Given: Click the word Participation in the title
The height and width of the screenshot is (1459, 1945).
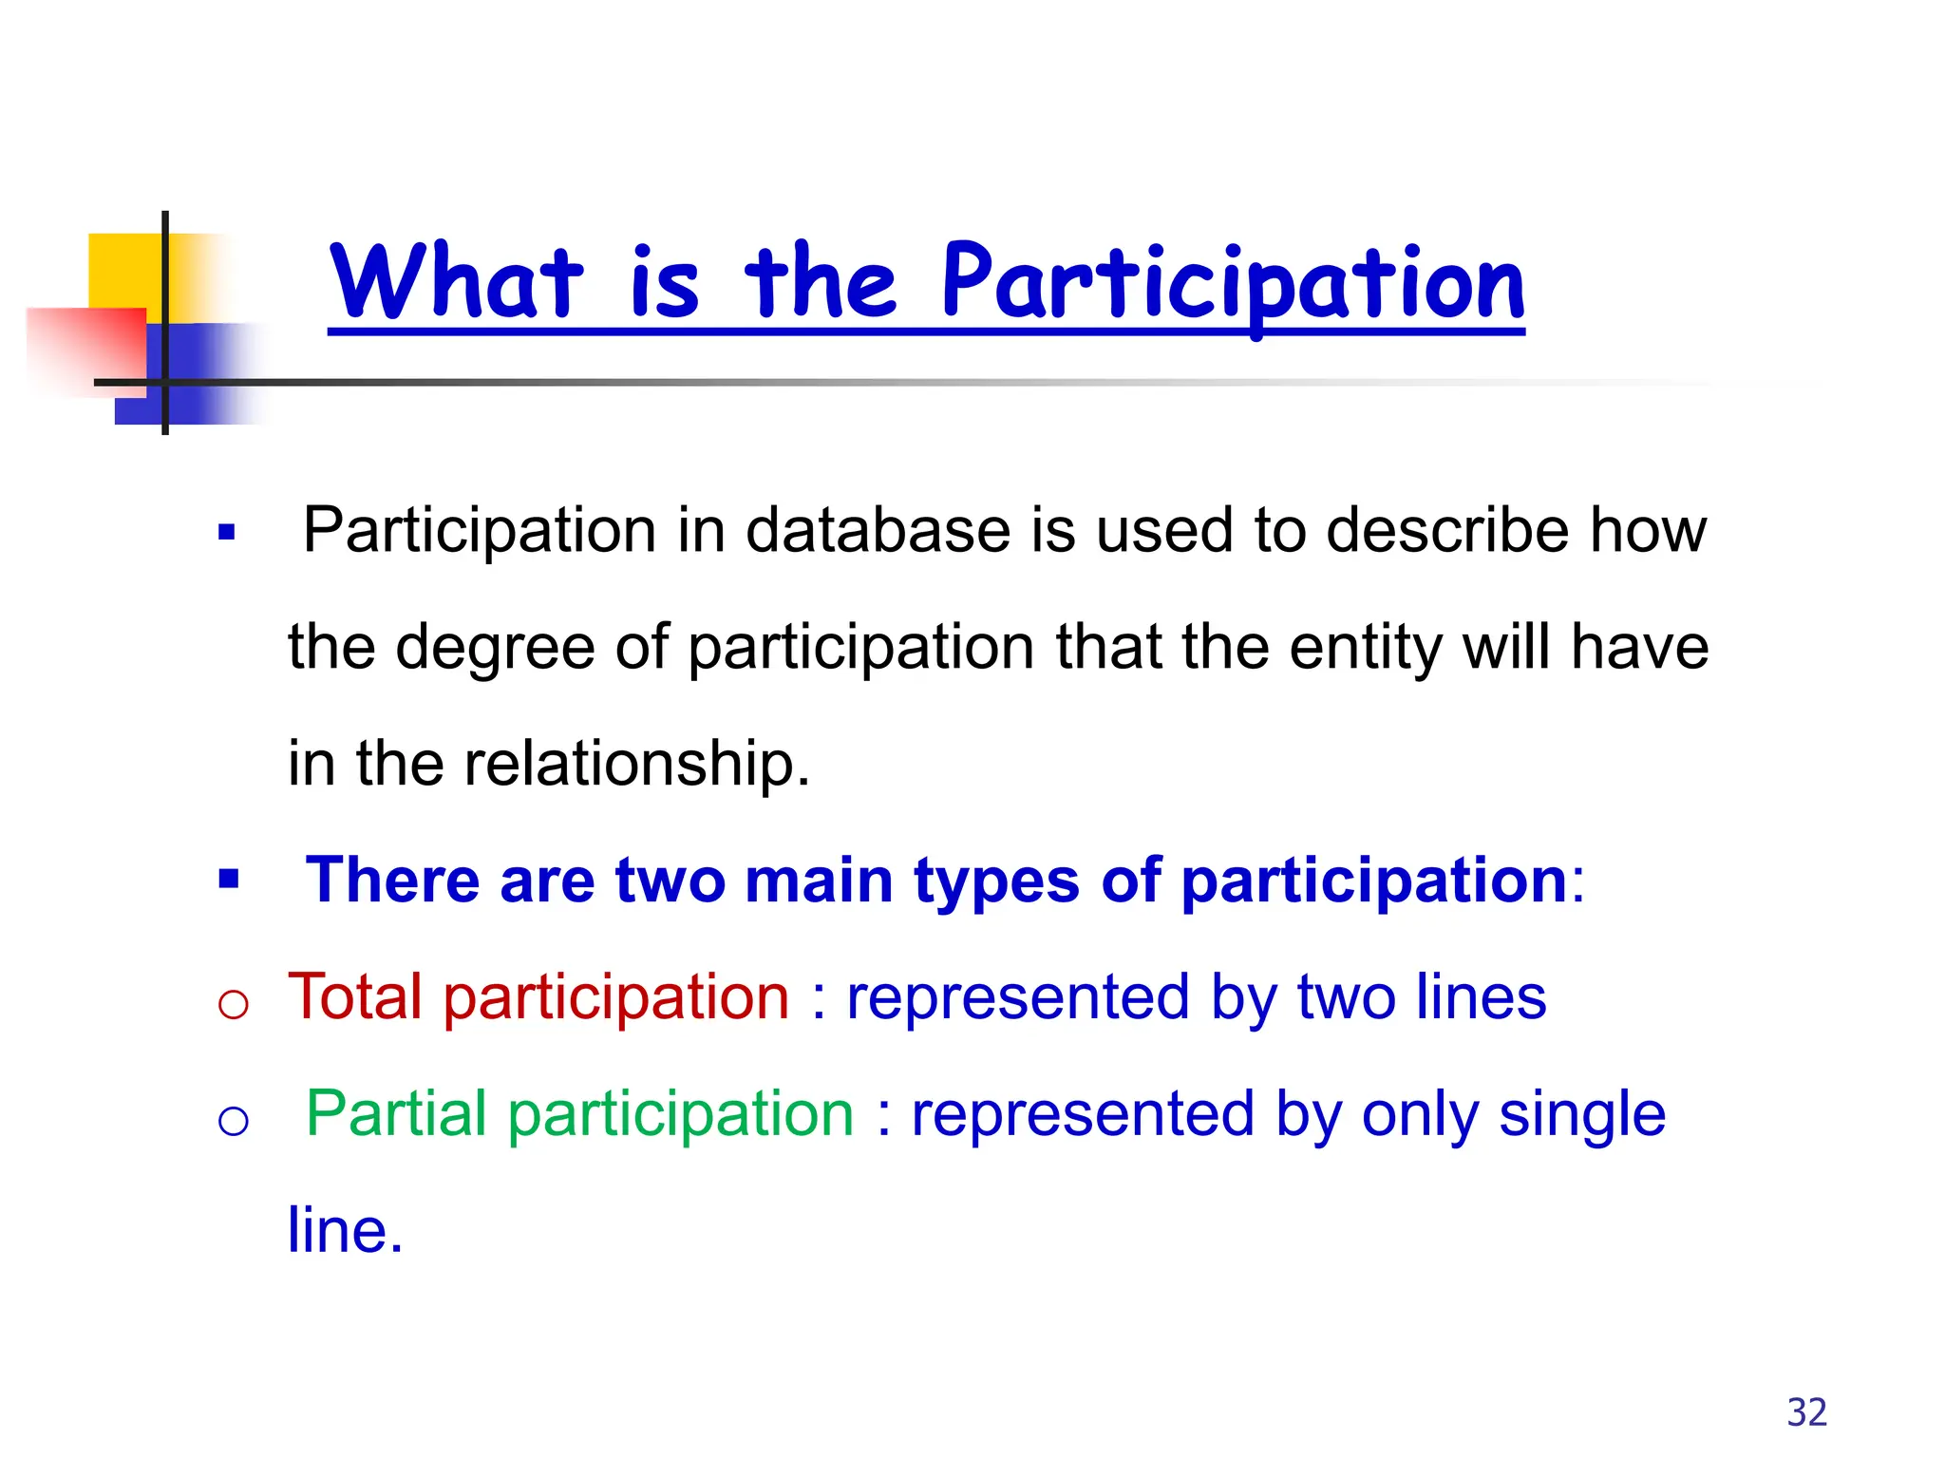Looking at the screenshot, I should point(1233,283).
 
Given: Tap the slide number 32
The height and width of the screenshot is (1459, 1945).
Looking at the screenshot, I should point(1806,1412).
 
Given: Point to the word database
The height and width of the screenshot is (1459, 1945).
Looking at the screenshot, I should point(878,530).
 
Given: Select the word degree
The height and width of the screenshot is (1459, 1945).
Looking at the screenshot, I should point(494,650).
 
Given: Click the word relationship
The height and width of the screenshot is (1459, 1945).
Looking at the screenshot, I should point(636,765).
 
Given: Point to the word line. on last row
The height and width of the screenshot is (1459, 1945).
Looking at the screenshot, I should point(346,1231).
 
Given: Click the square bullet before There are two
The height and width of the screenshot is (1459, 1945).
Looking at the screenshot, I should point(228,879).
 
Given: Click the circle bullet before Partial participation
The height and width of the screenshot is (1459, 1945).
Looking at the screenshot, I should point(233,1122).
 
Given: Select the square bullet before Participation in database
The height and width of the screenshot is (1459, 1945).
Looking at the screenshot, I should point(226,532).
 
